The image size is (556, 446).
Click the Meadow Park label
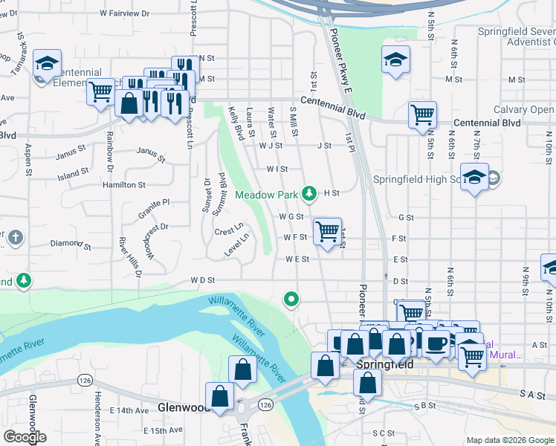pos(268,195)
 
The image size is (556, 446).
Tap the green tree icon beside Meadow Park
pos(309,195)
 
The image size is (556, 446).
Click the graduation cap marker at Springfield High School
pos(473,177)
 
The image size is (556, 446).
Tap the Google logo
pos(25,437)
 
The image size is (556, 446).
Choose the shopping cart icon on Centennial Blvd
pos(422,114)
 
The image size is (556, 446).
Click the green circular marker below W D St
pos(291,300)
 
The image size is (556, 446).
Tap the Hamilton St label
pos(124,184)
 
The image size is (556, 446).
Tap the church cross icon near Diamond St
pos(14,238)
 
